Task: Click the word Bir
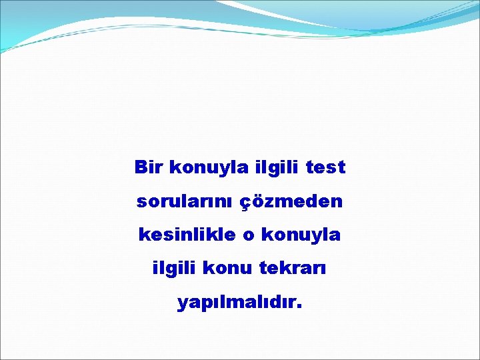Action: point(149,167)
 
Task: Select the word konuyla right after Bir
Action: point(209,167)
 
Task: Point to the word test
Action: point(325,167)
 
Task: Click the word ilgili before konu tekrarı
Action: point(175,269)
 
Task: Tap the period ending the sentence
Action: point(299,308)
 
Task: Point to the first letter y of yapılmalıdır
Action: point(183,305)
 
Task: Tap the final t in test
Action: point(341,167)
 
